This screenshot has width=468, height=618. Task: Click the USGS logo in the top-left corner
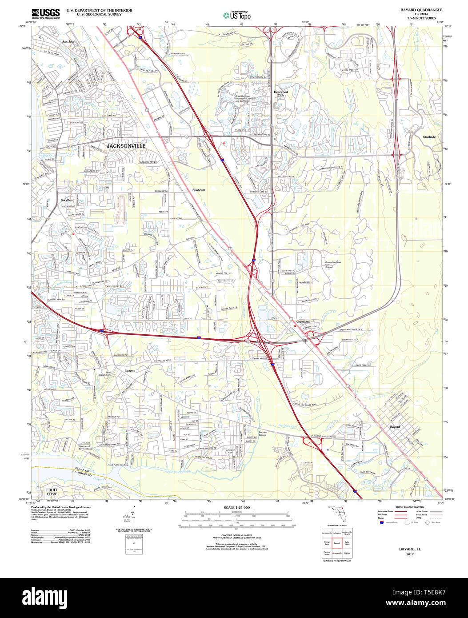click(46, 14)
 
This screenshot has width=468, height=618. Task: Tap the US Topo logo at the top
click(237, 15)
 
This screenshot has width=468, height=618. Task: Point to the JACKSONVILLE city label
click(126, 146)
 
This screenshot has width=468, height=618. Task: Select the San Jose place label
click(68, 41)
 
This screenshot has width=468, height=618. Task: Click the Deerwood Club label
click(280, 93)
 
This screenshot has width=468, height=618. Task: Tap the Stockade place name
click(429, 137)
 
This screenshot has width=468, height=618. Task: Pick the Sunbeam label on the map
click(199, 190)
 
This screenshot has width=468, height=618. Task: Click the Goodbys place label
click(67, 200)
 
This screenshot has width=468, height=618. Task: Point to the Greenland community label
click(304, 321)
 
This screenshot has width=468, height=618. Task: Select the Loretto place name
click(130, 370)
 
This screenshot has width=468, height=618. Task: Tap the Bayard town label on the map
click(395, 427)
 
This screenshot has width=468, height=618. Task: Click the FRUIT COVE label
click(52, 491)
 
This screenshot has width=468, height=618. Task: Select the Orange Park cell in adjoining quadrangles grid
click(327, 543)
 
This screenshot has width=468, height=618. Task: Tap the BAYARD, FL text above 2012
click(407, 549)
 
